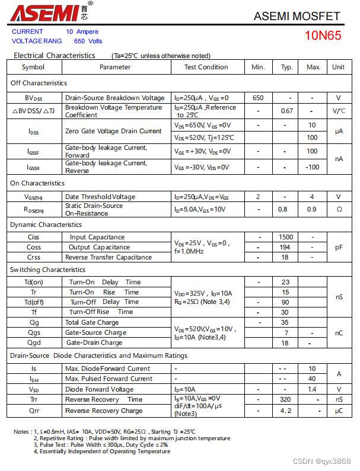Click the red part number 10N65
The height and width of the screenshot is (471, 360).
(323, 35)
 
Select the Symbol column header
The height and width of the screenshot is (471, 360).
(33, 67)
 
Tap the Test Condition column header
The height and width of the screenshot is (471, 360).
(206, 67)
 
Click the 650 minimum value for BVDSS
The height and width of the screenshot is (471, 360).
(258, 98)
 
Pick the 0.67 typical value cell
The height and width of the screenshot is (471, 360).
(287, 111)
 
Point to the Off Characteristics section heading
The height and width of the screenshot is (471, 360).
(39, 83)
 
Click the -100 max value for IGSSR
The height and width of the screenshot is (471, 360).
(313, 167)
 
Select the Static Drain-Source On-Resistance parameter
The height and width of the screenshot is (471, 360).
(95, 209)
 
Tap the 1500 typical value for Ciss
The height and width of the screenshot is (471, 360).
(286, 237)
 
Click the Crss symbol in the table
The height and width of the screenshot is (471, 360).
(34, 257)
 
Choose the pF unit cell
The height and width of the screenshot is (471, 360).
(338, 247)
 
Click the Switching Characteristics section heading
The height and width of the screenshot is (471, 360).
(47, 270)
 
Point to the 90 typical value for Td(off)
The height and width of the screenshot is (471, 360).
(285, 302)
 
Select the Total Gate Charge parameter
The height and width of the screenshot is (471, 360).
(92, 322)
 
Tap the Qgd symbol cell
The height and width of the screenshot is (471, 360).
(34, 342)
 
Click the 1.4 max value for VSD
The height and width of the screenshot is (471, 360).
(312, 389)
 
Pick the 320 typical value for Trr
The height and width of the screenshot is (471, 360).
(285, 399)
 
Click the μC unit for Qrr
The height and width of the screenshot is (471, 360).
(338, 410)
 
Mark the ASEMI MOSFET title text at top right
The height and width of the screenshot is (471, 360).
(297, 16)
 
